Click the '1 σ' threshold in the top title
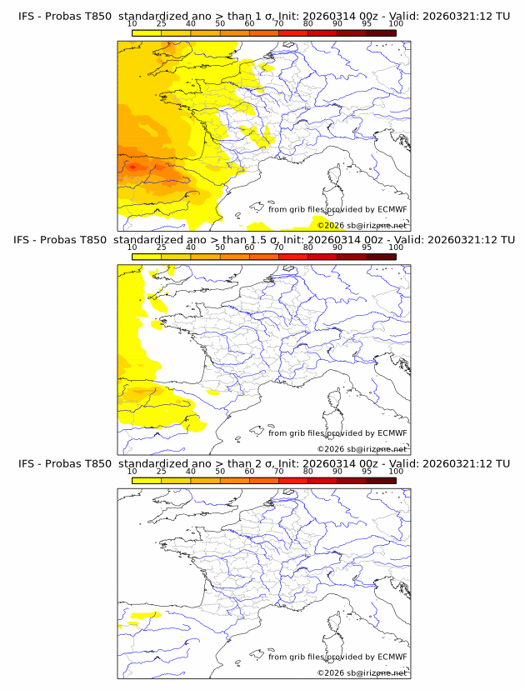[270, 16]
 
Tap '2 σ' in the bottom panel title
[270, 462]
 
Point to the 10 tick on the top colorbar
[132, 23]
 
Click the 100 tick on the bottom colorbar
[396, 470]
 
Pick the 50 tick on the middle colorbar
[220, 247]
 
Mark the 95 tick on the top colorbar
[367, 23]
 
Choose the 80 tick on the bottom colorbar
[308, 470]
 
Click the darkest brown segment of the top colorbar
[381, 32]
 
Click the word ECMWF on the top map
[392, 209]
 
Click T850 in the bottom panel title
[97, 462]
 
